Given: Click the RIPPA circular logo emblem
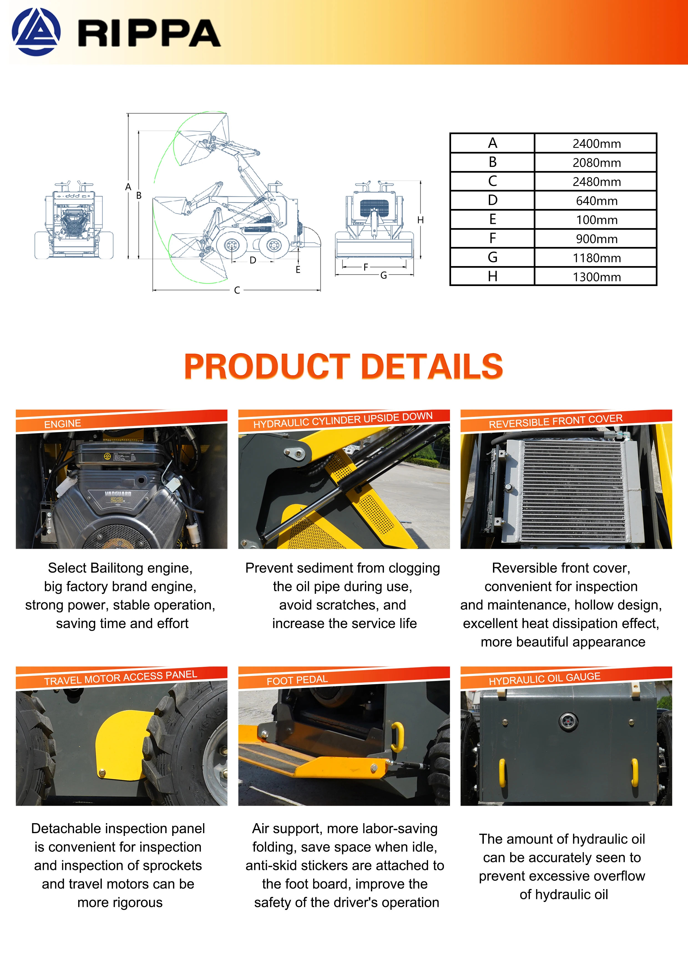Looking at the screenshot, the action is point(36,32).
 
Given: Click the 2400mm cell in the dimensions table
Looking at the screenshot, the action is point(596,144).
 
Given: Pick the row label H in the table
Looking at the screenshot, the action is point(492,276).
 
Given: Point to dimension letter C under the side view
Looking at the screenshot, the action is point(237,290).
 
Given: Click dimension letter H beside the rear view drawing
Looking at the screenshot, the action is point(420,220).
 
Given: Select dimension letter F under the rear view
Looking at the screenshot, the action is point(366,267).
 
